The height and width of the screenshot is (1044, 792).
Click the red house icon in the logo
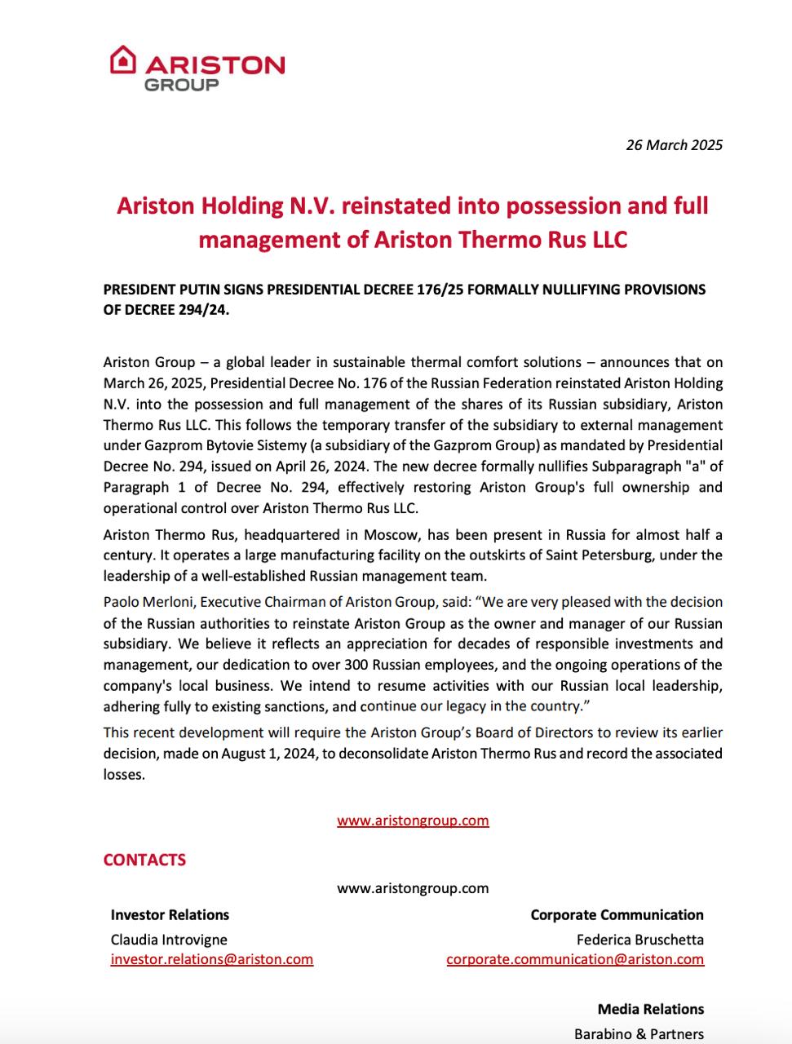click(123, 60)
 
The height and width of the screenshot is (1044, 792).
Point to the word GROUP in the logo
click(181, 85)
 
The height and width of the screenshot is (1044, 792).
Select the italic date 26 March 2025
click(674, 145)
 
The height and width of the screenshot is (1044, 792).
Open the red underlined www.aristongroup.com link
click(413, 821)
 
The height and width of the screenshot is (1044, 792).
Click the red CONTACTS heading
click(144, 860)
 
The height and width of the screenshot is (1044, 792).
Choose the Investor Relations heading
click(170, 915)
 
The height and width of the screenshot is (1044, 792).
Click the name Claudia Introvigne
click(169, 940)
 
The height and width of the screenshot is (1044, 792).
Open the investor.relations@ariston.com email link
click(212, 959)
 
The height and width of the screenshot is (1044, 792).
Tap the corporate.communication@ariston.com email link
click(575, 959)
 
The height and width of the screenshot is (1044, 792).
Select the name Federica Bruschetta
click(639, 940)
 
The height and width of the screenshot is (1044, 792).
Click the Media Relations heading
click(650, 1010)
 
